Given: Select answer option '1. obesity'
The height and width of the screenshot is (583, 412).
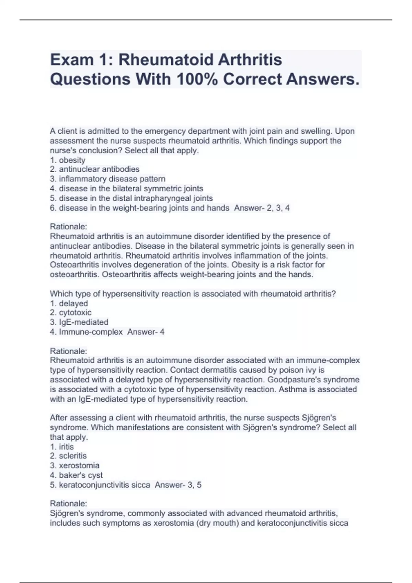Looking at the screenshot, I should [68, 160].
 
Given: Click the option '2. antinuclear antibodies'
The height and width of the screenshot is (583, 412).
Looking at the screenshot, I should [95, 169].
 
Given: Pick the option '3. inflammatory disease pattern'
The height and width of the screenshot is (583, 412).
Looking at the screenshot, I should [108, 179].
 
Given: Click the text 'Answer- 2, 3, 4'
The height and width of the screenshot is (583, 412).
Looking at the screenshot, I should [262, 207].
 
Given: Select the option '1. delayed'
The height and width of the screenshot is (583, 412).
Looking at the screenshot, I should [69, 303].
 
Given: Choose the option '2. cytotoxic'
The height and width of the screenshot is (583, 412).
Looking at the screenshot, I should [71, 312].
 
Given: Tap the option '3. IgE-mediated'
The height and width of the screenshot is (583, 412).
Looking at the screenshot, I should [79, 322].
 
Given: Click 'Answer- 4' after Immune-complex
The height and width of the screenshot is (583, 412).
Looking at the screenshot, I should [146, 332].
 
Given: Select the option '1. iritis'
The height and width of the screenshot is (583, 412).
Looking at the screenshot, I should [62, 447].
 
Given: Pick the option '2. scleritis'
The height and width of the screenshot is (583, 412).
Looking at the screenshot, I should [68, 456].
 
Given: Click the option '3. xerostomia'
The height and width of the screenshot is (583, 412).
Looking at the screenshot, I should [75, 465].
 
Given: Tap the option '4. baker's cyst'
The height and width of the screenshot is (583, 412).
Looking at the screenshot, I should [76, 475].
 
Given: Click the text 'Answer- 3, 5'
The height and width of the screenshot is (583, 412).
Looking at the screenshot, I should [178, 485].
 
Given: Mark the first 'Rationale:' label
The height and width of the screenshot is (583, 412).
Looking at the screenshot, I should [69, 226].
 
